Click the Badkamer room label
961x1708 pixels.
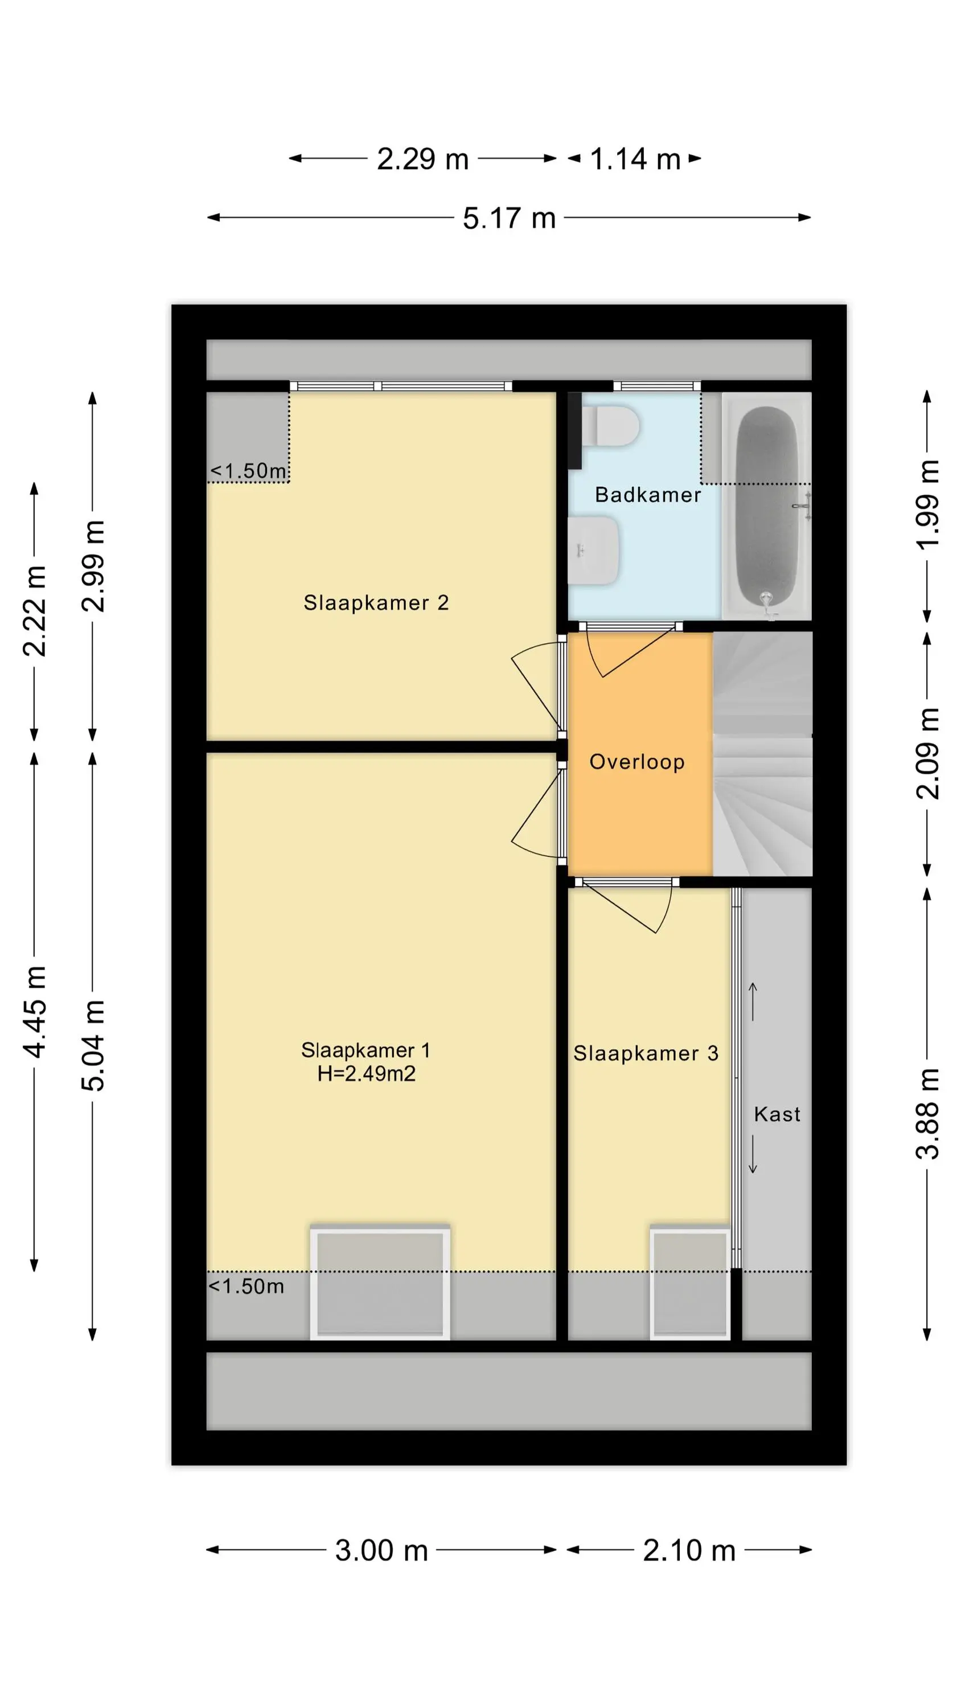pos(647,495)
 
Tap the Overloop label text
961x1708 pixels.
pos(636,762)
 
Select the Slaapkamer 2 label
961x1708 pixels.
pos(376,603)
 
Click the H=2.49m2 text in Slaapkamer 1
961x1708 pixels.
pos(366,1073)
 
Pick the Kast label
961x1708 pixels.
pos(777,1114)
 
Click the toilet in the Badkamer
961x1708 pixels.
pos(611,426)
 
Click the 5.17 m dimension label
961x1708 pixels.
pos(509,218)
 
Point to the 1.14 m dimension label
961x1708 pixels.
pos(635,159)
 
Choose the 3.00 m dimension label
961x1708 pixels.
pos(381,1550)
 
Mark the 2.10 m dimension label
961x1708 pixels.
pos(689,1550)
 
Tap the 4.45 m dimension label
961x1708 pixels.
pos(35,1012)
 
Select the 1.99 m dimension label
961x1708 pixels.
pos(927,504)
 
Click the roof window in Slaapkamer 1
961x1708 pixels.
pos(380,1282)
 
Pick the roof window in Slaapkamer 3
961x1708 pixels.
pos(690,1282)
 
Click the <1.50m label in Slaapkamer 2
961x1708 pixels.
pos(249,471)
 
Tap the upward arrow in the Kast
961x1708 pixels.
pos(753,1001)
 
